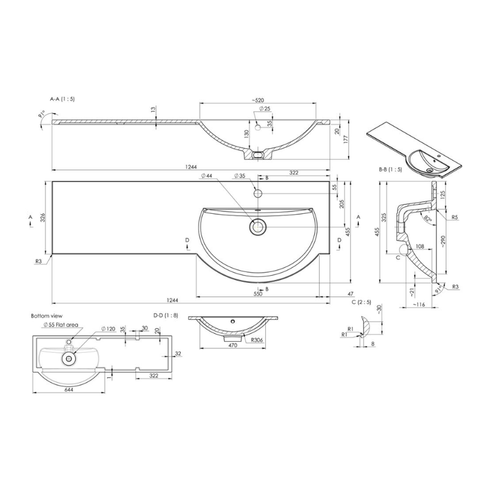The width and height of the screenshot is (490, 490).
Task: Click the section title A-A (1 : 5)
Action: [x=62, y=98]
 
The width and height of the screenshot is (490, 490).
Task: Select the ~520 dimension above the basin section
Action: [x=257, y=99]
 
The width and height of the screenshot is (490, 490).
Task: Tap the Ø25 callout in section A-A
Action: [x=265, y=109]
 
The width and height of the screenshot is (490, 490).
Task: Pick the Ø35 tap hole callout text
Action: [x=239, y=176]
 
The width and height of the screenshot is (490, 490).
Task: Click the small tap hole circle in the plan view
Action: [x=258, y=194]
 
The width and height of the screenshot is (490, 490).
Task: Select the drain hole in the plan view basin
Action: [x=257, y=227]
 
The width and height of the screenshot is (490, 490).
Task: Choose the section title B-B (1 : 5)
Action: [x=390, y=169]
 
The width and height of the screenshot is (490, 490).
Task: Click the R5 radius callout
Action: [x=455, y=217]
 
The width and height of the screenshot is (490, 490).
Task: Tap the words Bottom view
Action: [x=45, y=315]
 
